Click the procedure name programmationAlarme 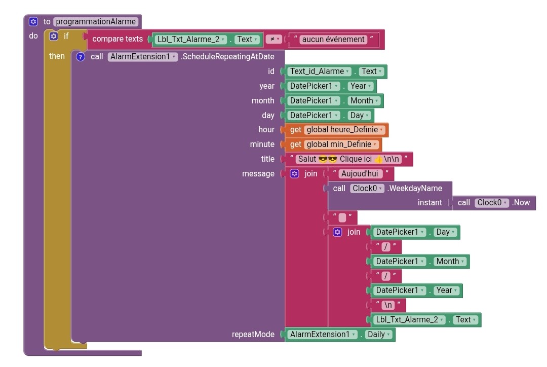(96, 22)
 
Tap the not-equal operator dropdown (273, 39)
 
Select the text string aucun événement (333, 39)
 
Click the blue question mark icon (80, 57)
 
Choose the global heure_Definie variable (345, 130)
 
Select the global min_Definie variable (341, 144)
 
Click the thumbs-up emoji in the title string (378, 159)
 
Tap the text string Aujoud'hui (361, 174)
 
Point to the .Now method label (522, 203)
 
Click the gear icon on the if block (54, 36)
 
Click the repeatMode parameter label (253, 335)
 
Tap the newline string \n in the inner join (387, 305)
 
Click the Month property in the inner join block (450, 262)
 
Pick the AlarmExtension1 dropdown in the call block (143, 57)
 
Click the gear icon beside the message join (295, 174)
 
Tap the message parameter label (258, 174)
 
